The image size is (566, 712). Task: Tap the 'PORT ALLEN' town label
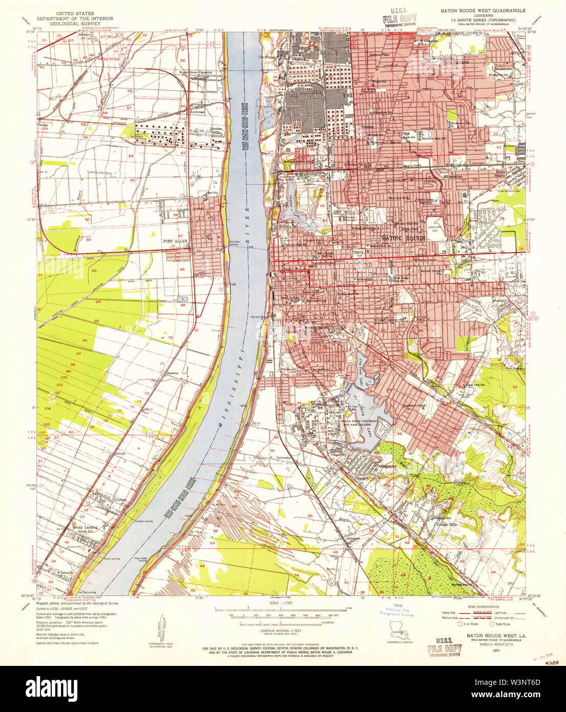(x=175, y=241)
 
